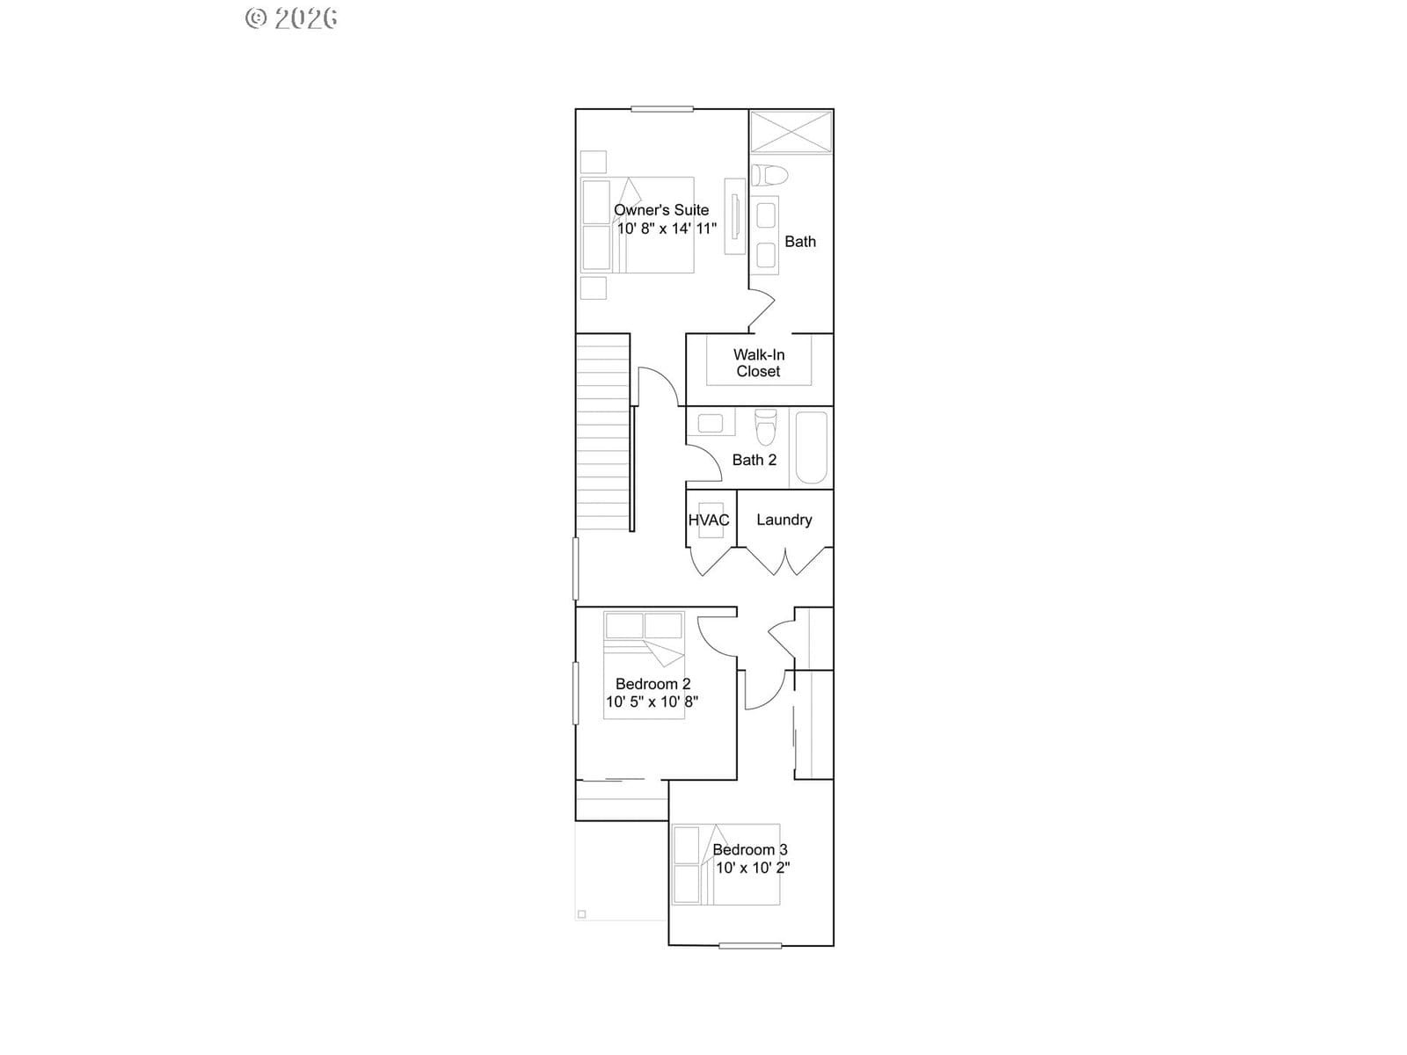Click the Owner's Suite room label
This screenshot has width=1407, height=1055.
(x=661, y=210)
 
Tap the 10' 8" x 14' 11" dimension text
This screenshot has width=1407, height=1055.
(x=667, y=229)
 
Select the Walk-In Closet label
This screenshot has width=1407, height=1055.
(x=759, y=363)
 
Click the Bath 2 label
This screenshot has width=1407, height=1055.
(x=755, y=460)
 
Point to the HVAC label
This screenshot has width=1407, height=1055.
(x=708, y=520)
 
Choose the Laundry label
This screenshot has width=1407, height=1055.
(x=784, y=520)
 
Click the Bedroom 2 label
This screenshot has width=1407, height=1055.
(x=652, y=684)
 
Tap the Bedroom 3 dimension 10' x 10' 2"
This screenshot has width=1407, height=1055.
(x=753, y=868)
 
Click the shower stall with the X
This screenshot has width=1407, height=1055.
(x=791, y=132)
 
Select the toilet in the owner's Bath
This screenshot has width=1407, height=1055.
(x=769, y=175)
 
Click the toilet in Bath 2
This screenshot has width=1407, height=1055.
(x=765, y=427)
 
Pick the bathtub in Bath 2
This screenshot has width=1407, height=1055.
(x=811, y=447)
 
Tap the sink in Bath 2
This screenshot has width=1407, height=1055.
(x=711, y=424)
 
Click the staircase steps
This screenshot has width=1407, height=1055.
(x=602, y=433)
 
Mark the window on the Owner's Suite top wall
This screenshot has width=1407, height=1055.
(x=662, y=109)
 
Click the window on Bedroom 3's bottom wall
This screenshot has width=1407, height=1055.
(x=750, y=945)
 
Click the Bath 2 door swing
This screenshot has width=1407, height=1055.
(x=705, y=463)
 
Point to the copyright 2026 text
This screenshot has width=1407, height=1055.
(x=291, y=18)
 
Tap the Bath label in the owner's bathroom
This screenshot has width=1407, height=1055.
(x=800, y=242)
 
